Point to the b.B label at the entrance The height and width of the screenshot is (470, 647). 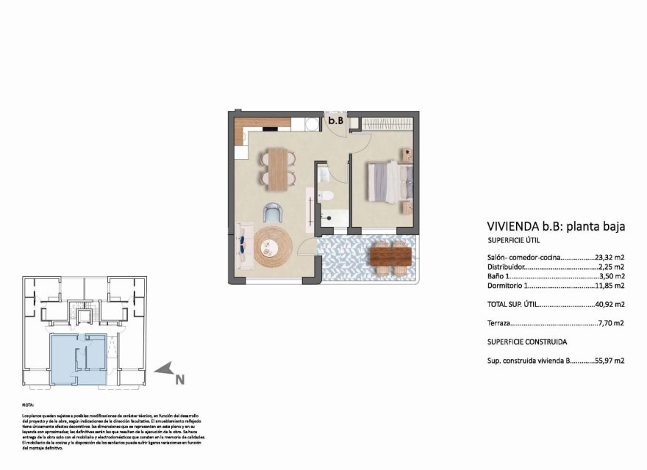click(335, 120)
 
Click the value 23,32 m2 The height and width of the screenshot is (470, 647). click(610, 257)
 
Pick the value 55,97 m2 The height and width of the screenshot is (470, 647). click(610, 361)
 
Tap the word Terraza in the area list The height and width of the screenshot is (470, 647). click(500, 323)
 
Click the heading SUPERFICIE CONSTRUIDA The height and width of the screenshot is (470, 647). click(527, 342)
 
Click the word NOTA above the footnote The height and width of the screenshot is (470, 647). click(29, 405)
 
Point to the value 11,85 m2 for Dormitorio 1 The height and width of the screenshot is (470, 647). click(610, 286)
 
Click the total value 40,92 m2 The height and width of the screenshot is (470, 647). click(610, 304)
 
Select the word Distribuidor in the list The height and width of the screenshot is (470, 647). click(506, 267)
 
